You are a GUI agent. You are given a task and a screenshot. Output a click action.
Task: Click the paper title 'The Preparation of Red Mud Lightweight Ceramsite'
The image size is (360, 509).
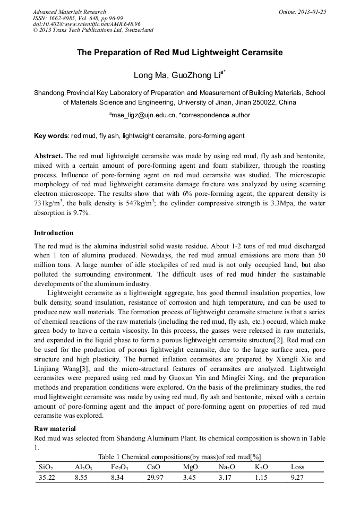179,53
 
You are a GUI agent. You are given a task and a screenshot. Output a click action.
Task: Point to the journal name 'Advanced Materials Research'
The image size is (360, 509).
69,12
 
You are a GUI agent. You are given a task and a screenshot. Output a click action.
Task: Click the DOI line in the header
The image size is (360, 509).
87,24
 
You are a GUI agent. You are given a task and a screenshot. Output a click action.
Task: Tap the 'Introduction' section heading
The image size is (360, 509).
54,233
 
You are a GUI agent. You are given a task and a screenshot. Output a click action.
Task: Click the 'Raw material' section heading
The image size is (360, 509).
55,428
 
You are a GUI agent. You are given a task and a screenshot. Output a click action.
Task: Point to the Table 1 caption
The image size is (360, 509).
179,456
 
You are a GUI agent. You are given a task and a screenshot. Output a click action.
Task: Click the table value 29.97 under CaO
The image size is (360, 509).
156,478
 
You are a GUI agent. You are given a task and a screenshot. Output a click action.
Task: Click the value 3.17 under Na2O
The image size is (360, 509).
226,478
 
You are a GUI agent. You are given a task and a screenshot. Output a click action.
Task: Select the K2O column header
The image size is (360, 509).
261,468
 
